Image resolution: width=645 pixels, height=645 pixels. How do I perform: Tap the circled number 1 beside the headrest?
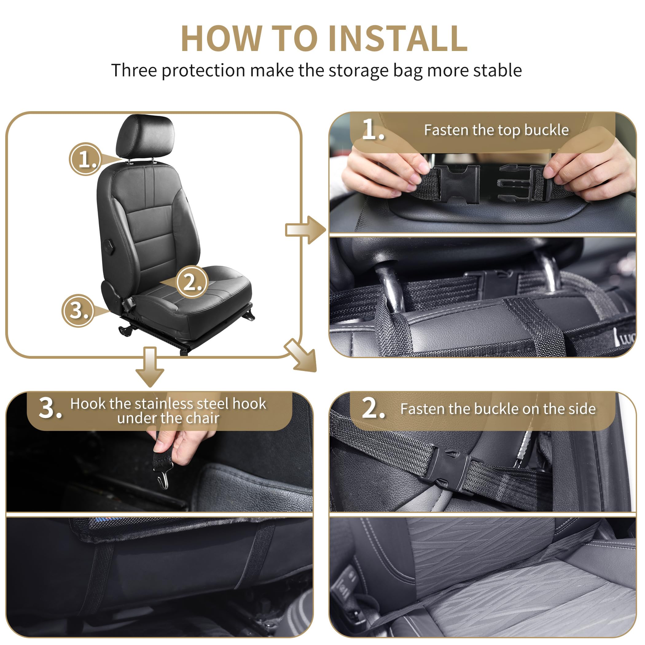click(x=85, y=159)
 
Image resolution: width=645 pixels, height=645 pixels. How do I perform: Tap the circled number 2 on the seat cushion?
click(x=192, y=282)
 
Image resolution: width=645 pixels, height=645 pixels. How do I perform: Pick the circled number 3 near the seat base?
click(x=78, y=311)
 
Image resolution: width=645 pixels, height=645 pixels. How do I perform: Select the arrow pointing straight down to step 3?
click(x=150, y=366)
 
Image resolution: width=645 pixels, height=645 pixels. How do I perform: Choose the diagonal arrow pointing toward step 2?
click(x=302, y=357)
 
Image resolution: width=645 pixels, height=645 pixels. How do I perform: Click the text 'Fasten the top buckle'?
click(x=496, y=130)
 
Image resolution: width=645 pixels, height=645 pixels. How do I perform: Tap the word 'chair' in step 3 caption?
click(x=202, y=418)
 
